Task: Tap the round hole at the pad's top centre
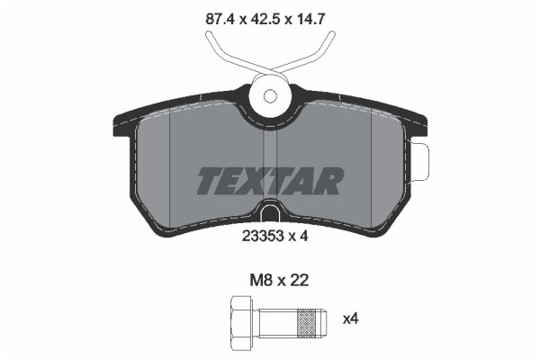click(x=268, y=98)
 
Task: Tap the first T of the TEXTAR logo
click(x=210, y=181)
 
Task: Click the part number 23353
click(x=260, y=238)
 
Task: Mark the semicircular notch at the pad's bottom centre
click(x=270, y=214)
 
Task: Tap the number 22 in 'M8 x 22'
click(x=299, y=280)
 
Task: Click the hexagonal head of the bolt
click(x=240, y=319)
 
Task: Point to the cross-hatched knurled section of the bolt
click(x=309, y=319)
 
